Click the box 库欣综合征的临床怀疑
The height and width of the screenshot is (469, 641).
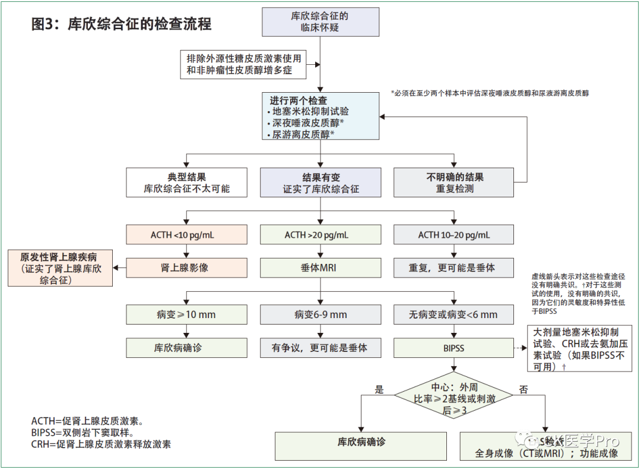pos(320,22)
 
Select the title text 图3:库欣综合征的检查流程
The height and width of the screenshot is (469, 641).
pos(121,25)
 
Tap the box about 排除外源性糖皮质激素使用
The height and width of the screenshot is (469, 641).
pos(244,65)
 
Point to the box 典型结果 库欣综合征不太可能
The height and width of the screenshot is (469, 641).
pos(186,182)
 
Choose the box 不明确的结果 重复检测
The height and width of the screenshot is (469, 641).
pos(454,182)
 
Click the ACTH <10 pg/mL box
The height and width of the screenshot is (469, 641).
pos(186,235)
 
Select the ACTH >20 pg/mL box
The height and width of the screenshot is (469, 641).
pos(320,235)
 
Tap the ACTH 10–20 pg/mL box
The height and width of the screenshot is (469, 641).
pos(454,235)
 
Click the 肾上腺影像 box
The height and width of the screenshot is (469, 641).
pos(186,267)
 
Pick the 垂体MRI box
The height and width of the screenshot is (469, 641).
pos(320,267)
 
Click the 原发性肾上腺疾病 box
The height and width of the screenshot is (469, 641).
pos(61,268)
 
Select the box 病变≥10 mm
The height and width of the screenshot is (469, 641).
pos(186,314)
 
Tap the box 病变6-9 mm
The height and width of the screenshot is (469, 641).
pos(320,314)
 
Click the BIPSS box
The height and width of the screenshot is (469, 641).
pos(454,348)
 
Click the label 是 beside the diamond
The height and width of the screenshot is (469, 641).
pos(380,390)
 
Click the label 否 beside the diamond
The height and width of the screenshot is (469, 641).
pos(524,390)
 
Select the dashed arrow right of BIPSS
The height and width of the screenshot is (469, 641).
pos(521,348)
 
